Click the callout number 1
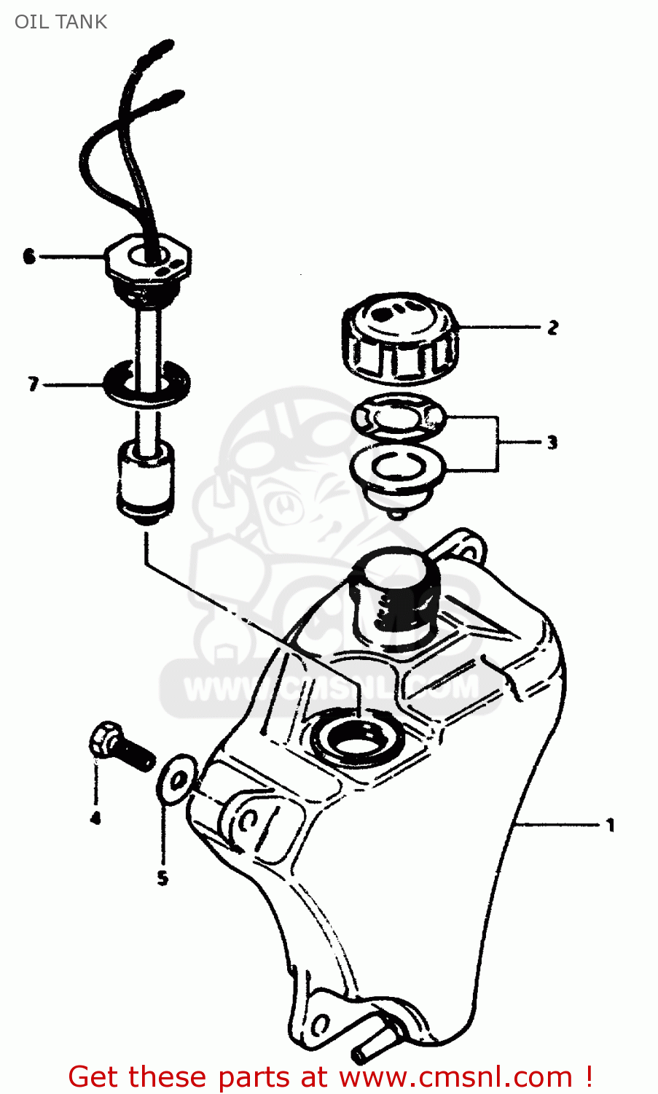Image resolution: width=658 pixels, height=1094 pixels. (611, 826)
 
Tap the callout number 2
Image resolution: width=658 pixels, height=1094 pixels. (553, 327)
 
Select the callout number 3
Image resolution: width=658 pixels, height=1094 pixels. (552, 442)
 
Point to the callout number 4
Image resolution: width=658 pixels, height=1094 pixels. (95, 818)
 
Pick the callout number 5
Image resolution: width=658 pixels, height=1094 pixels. (162, 878)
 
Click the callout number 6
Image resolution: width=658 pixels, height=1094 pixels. (29, 256)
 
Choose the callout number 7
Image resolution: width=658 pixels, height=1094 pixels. (32, 384)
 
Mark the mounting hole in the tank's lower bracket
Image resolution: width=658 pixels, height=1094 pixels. (319, 1023)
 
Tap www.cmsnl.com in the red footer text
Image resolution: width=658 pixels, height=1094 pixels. (456, 1076)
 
